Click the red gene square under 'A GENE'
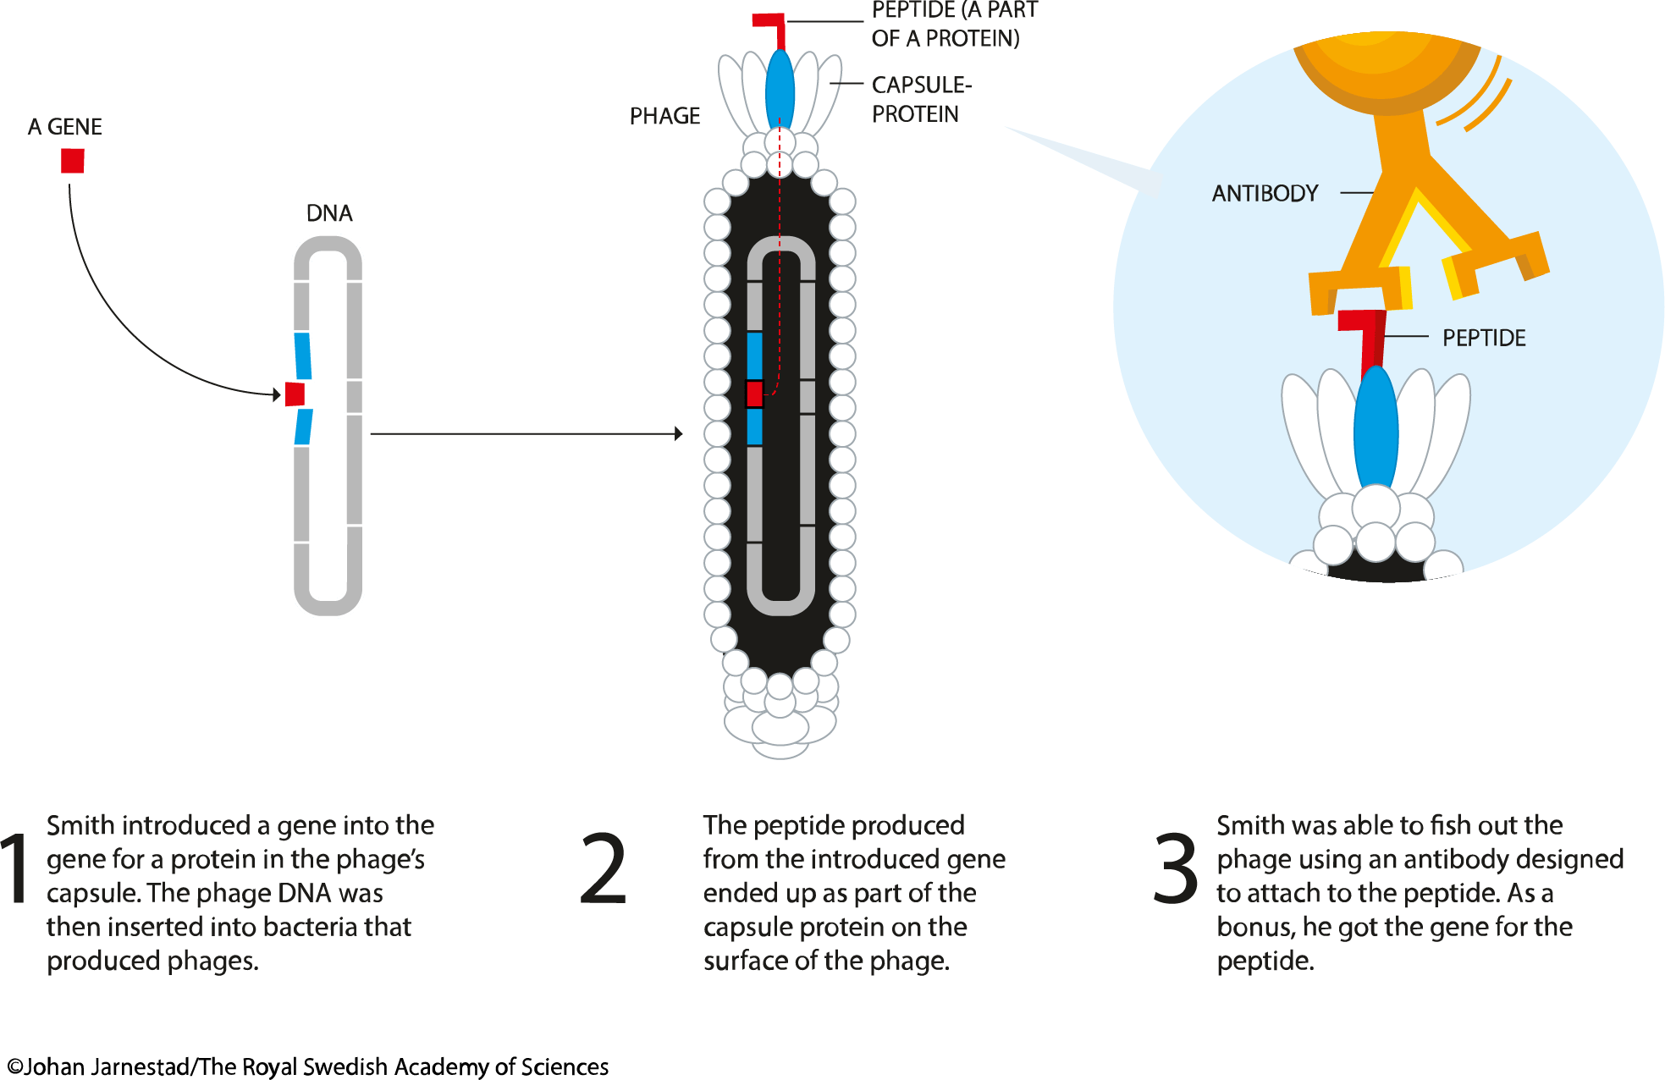click(x=72, y=161)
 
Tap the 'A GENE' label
click(x=64, y=127)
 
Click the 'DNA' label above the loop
click(x=329, y=213)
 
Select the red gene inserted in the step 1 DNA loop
click(x=295, y=394)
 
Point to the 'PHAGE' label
click(x=664, y=116)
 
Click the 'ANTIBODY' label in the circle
click(x=1265, y=194)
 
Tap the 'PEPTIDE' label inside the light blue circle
click(x=1483, y=339)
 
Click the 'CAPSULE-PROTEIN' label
click(x=921, y=99)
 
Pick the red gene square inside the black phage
click(x=754, y=394)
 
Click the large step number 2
click(x=604, y=869)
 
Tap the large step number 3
click(x=1176, y=869)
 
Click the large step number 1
click(x=15, y=869)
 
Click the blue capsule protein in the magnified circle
click(x=1376, y=432)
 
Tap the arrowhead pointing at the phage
click(x=678, y=433)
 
